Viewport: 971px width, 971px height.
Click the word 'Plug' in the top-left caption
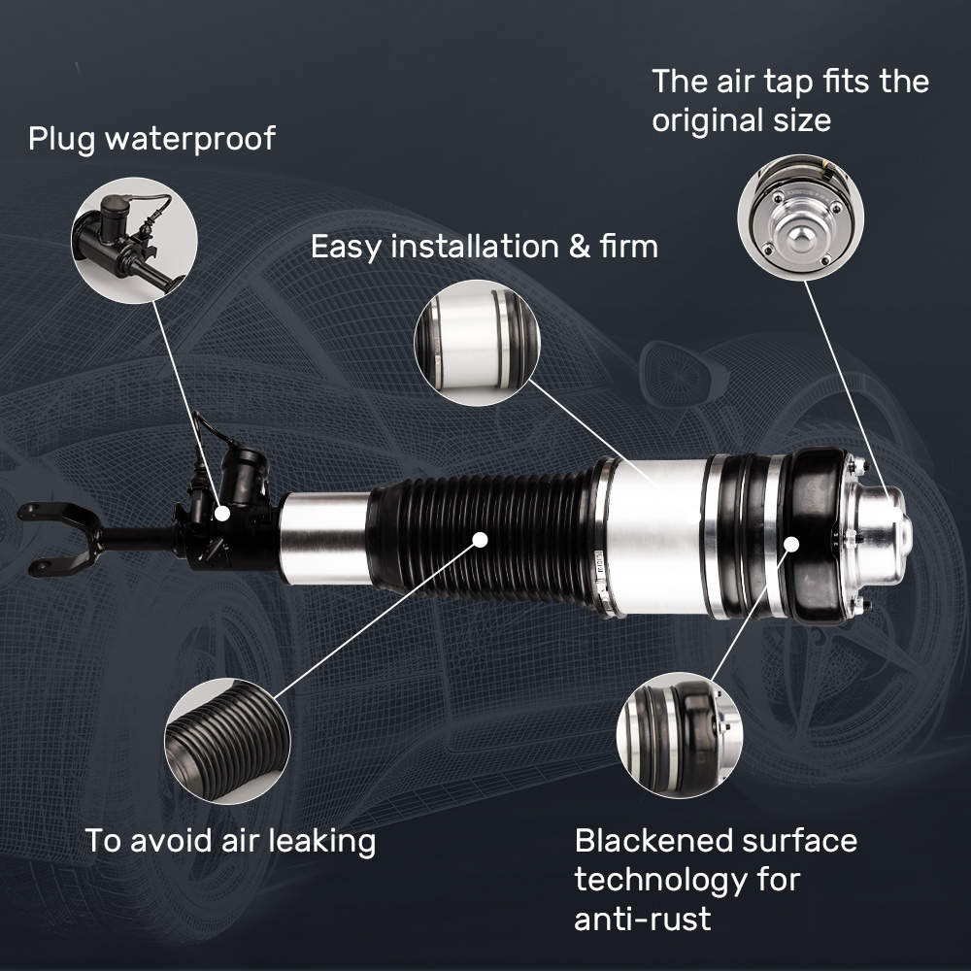click(x=61, y=138)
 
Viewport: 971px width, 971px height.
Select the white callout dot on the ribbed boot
click(x=480, y=540)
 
